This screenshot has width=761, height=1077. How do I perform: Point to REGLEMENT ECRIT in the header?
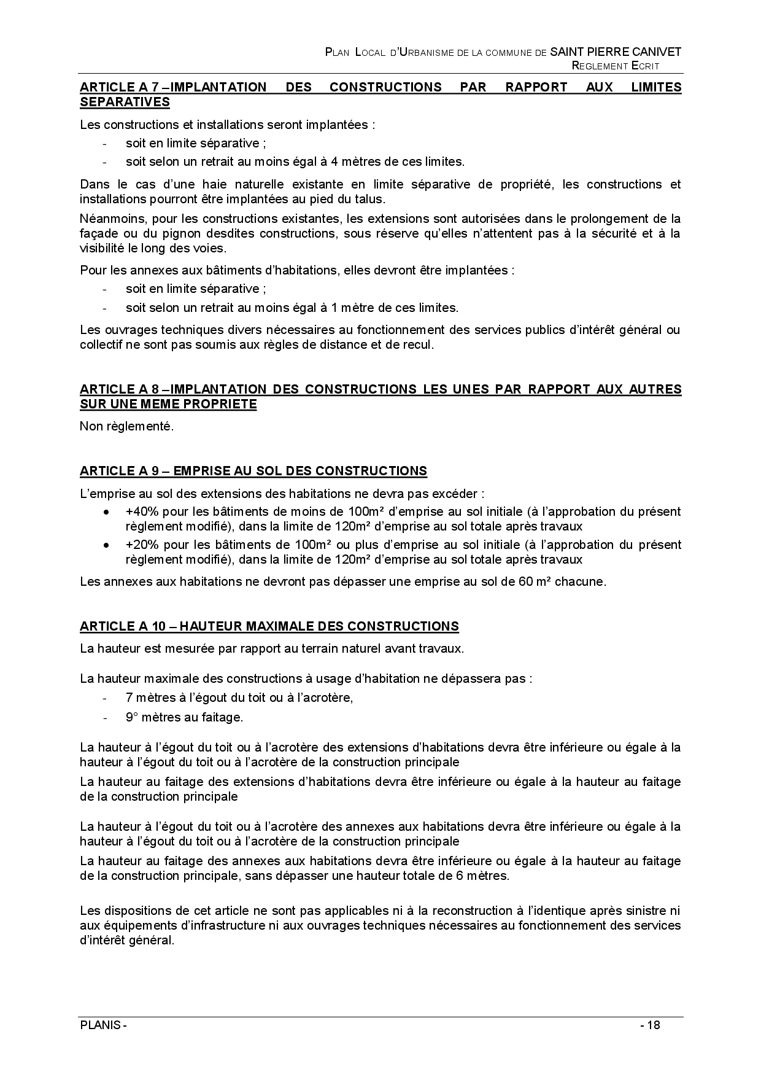pos(615,66)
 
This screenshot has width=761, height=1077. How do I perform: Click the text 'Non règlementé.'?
pos(127,426)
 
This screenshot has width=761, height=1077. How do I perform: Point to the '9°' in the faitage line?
pos(130,717)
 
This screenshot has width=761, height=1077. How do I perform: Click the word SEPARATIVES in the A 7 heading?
pos(125,102)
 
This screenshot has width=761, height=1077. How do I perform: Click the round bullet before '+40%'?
pos(107,511)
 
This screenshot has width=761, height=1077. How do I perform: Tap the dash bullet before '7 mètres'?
pos(105,698)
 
